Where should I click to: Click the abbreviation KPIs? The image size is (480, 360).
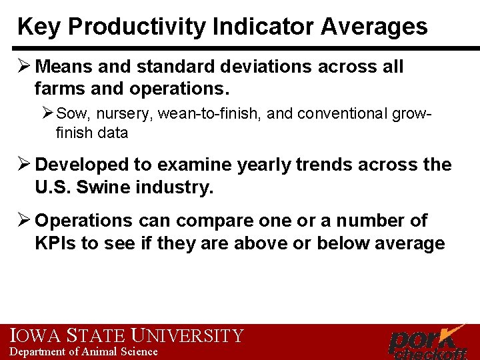tap(55, 243)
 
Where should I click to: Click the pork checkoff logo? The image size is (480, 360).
tap(427, 341)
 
